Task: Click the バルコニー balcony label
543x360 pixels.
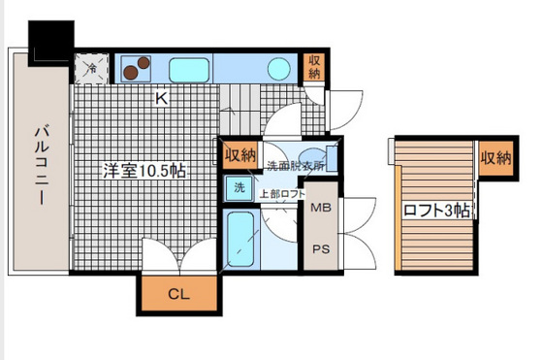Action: [x=42, y=164]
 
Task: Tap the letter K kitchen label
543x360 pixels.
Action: [x=161, y=98]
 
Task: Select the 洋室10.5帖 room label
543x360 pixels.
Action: [x=144, y=170]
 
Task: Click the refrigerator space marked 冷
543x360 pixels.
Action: [x=92, y=68]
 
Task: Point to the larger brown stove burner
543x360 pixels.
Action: [x=130, y=73]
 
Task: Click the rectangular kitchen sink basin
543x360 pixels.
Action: [x=189, y=70]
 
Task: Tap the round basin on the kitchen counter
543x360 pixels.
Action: [x=279, y=69]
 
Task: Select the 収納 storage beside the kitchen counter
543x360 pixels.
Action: [x=314, y=67]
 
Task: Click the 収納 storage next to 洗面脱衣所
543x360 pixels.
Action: [x=240, y=155]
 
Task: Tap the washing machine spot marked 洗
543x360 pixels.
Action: [x=239, y=188]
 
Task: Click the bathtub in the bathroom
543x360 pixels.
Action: [x=240, y=239]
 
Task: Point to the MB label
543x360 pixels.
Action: [x=321, y=208]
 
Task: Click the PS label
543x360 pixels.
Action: [x=321, y=249]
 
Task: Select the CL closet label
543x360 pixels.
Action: [x=178, y=294]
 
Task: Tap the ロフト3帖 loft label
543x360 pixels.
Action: [x=436, y=210]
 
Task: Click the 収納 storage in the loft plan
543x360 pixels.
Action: [x=495, y=158]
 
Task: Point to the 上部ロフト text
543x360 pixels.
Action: [x=282, y=194]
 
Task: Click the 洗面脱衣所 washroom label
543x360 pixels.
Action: [x=296, y=166]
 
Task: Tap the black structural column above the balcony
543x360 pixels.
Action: [x=50, y=44]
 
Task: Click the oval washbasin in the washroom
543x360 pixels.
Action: [x=312, y=155]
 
